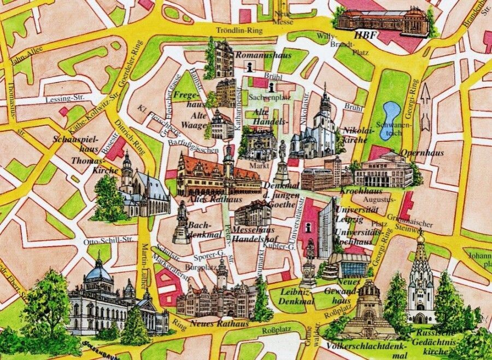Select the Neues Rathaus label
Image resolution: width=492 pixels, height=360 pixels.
pyautogui.click(x=219, y=323)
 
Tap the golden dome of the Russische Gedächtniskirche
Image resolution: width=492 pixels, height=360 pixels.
pyautogui.click(x=420, y=239)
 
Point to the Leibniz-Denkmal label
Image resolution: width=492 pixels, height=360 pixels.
pyautogui.click(x=297, y=296)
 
